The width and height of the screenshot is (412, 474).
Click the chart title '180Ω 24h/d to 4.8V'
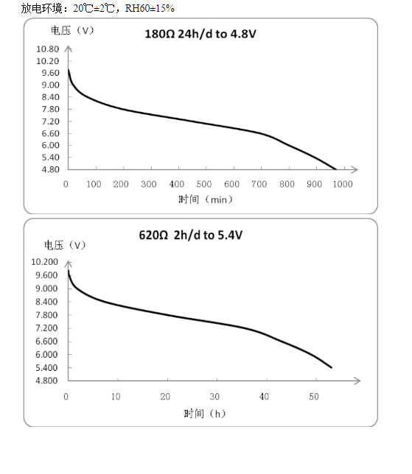pos(200,34)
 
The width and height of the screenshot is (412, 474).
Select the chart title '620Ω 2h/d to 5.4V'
pos(191,236)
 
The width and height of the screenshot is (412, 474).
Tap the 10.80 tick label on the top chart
pos(47,49)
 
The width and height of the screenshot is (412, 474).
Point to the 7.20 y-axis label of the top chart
pos(50,121)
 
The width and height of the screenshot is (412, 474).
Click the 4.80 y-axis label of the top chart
pos(50,169)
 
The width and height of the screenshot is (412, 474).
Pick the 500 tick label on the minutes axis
pos(203,184)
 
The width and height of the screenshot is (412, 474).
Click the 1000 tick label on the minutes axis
pos(343,184)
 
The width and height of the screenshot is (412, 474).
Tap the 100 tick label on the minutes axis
pos(94,184)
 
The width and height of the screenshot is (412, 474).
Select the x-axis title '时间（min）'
pos(206,199)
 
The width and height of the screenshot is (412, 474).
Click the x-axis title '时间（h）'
pos(205,413)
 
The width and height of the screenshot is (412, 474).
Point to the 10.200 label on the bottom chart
pos(44,262)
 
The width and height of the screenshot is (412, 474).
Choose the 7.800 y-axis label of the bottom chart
pos(46,315)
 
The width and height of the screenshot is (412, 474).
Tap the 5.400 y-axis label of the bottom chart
pos(46,368)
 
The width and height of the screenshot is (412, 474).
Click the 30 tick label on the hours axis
pos(214,397)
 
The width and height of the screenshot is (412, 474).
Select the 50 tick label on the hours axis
pos(314,397)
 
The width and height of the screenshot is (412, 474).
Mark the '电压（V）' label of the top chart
pos(72,30)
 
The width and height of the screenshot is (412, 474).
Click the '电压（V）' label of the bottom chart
pos(65,245)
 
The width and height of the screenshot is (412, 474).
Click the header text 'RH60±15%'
pos(150,8)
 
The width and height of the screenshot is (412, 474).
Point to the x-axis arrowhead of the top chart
pos(355,169)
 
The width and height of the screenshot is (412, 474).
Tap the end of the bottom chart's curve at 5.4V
pos(332,367)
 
